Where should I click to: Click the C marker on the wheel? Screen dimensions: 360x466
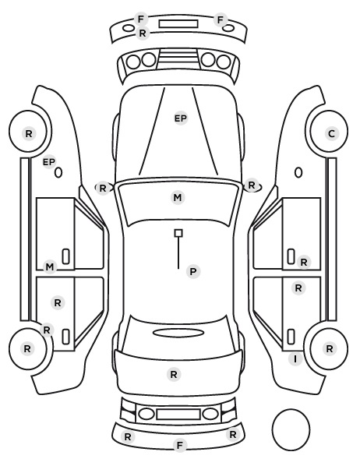(331, 133)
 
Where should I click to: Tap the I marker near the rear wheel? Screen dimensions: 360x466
(295, 359)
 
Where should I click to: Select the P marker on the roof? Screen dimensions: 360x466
(193, 271)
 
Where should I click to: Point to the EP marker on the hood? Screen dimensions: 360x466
(181, 118)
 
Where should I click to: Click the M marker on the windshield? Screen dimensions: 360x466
(178, 197)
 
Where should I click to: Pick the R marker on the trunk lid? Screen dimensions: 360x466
(174, 374)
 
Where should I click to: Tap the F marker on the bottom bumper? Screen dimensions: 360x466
(179, 445)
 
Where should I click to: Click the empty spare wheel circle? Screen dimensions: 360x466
(291, 410)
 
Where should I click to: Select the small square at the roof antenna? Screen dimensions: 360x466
(178, 233)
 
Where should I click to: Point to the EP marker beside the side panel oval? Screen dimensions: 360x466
(49, 162)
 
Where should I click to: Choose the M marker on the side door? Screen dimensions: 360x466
(50, 267)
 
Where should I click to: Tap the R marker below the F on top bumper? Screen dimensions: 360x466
(143, 33)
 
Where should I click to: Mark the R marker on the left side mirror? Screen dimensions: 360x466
(103, 188)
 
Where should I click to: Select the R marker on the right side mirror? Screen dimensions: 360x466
(252, 185)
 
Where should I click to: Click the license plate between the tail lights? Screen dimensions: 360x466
(178, 414)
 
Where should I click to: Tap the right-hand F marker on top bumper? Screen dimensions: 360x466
(221, 20)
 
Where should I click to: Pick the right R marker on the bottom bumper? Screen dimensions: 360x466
(232, 435)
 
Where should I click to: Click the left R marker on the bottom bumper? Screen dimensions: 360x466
(128, 436)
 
